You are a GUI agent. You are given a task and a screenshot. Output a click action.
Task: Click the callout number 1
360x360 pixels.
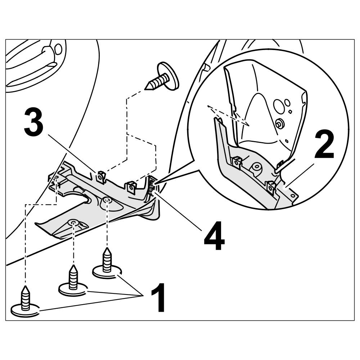pos(157,298)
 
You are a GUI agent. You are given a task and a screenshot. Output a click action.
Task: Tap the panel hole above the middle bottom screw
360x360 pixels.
pos(73,222)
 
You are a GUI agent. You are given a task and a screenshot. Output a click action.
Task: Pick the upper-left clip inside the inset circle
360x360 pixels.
pos(237,162)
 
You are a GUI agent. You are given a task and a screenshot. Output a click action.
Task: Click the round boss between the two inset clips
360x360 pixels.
pos(256,166)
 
